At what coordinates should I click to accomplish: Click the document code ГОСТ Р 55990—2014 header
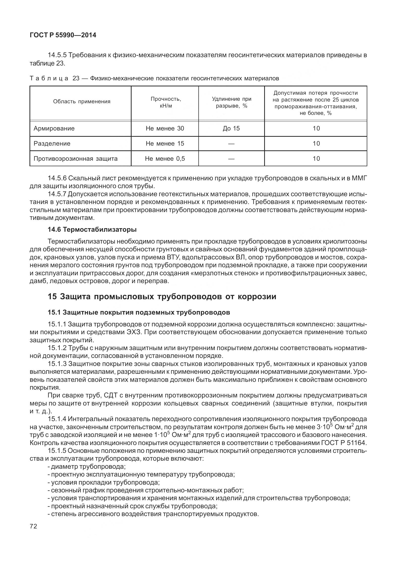click(63, 35)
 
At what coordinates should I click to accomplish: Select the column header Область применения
click(82, 102)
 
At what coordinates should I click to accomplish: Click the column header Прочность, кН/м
click(166, 102)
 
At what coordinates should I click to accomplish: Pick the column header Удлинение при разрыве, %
click(231, 103)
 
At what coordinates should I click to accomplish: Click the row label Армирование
click(54, 128)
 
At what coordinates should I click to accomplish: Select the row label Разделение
click(52, 144)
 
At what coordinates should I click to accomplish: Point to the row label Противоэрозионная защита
click(76, 159)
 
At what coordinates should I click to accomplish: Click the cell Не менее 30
click(165, 128)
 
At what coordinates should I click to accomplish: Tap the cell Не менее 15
click(165, 144)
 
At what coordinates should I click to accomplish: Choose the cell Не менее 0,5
click(165, 159)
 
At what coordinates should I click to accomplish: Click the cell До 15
click(231, 128)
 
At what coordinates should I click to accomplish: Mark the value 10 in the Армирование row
click(316, 128)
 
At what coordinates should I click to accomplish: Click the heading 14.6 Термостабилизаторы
click(92, 230)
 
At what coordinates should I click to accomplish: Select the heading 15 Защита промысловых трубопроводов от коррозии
click(162, 296)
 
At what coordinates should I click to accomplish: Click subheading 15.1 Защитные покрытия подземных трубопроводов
click(139, 313)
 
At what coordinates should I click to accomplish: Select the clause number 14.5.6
click(57, 178)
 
